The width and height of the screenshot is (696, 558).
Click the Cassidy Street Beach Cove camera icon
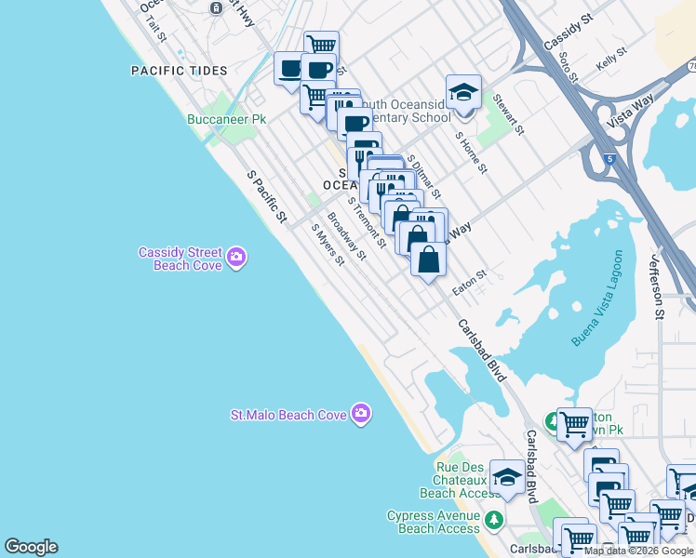tap(236, 256)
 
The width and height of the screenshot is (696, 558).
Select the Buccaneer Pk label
tap(227, 120)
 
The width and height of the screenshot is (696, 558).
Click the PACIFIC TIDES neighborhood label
tap(180, 71)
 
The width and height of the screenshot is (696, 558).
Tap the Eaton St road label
tap(470, 283)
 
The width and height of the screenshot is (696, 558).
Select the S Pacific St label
tap(266, 196)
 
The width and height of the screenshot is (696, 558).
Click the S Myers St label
tap(328, 243)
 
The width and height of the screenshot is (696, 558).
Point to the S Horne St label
tap(471, 152)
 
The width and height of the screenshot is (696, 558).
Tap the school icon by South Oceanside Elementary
tap(463, 92)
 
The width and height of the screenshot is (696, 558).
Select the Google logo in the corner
tap(31, 547)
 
